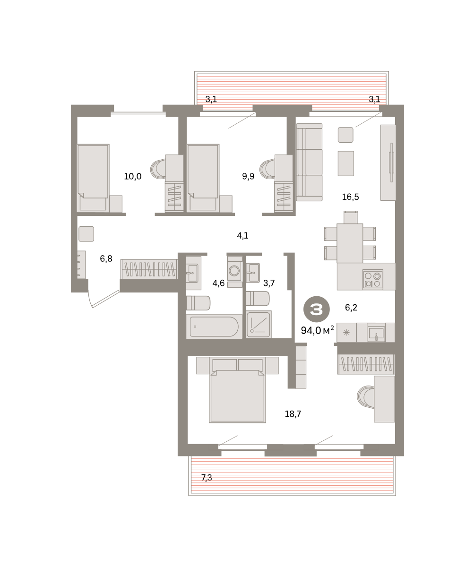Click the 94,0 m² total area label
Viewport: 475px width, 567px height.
(x=317, y=330)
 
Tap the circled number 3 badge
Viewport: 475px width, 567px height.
(x=316, y=309)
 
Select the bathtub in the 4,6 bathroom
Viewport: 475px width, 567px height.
(x=214, y=326)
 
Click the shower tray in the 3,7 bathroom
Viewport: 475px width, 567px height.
(x=259, y=324)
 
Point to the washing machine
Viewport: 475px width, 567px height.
(x=234, y=270)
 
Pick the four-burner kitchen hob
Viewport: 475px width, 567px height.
(x=372, y=280)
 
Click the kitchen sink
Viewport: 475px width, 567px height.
(x=376, y=333)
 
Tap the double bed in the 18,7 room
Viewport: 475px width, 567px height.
(x=237, y=390)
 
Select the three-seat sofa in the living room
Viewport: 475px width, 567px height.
(x=309, y=163)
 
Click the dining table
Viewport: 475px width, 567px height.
(x=350, y=243)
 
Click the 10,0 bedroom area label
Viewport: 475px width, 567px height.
(x=133, y=177)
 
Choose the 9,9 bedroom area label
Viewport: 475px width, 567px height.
(x=248, y=177)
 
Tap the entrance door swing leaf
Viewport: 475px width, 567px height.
(x=106, y=299)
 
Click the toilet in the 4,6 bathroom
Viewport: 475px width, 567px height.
(x=198, y=303)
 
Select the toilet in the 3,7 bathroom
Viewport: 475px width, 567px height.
(x=258, y=299)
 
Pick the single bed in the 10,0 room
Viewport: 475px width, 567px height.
(x=93, y=178)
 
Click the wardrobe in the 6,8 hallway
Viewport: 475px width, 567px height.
(x=149, y=269)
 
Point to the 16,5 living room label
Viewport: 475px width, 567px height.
(x=350, y=197)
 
